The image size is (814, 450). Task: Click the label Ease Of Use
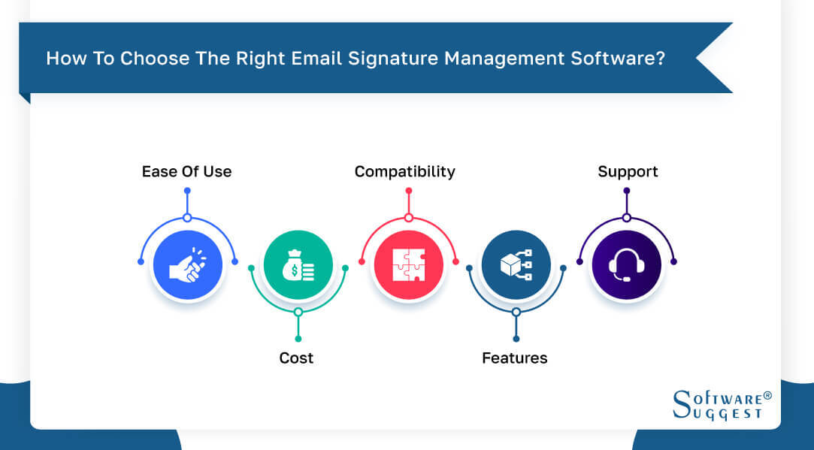186,171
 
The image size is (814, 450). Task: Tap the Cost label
296,358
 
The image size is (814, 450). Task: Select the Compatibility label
404,171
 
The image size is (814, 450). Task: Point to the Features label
515,358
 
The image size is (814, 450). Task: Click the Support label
628,171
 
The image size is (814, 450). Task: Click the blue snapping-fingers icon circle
188,265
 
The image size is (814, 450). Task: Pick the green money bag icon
298,265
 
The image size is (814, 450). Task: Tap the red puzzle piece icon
408,265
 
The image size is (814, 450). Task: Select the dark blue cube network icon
516,265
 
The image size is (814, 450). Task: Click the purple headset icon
626,265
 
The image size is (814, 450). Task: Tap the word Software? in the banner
623,59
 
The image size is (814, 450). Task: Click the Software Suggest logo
717,404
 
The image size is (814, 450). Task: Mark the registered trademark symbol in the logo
767,394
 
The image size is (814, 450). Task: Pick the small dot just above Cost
298,339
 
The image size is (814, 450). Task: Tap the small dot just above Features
516,339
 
